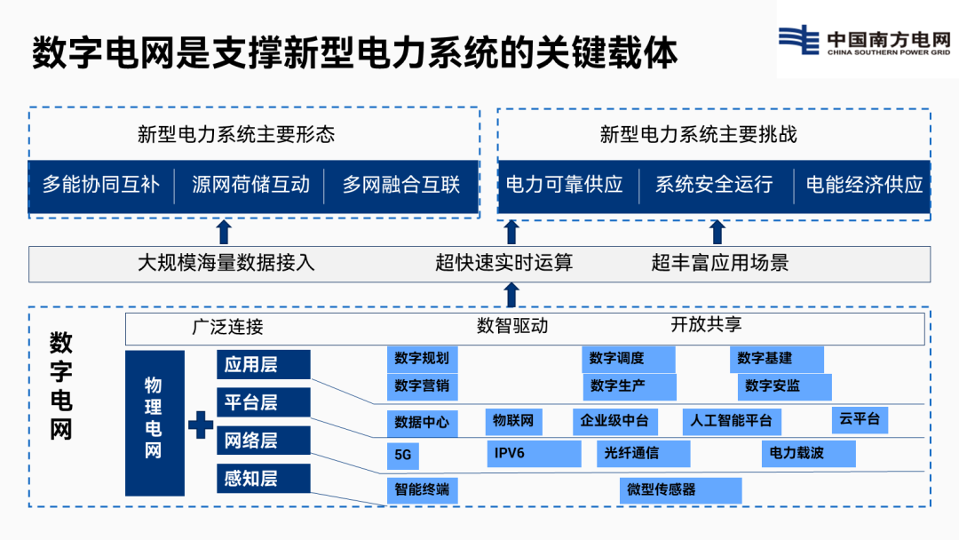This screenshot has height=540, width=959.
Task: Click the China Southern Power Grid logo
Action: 864,40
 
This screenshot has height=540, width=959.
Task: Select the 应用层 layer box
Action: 264,364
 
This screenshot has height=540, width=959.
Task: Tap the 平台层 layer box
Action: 264,402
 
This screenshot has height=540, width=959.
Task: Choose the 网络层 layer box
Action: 264,441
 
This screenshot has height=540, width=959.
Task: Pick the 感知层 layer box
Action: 264,478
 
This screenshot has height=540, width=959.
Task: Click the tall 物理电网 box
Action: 155,423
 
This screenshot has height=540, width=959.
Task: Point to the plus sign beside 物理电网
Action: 201,425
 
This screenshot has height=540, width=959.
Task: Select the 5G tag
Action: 403,455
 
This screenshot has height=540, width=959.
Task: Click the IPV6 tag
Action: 534,454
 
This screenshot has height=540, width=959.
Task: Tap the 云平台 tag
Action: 860,419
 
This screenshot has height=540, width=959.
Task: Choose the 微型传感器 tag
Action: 681,490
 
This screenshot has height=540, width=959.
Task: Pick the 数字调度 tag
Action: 629,359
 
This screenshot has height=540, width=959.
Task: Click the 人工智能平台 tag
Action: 732,422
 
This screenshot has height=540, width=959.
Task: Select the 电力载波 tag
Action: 809,454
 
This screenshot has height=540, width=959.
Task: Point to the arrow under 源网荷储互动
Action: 224,233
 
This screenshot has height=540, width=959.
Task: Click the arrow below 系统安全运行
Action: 717,233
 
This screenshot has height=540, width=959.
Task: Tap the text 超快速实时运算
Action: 504,263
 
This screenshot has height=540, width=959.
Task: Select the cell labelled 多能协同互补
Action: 101,185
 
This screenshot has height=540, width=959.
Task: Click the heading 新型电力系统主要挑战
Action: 699,134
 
